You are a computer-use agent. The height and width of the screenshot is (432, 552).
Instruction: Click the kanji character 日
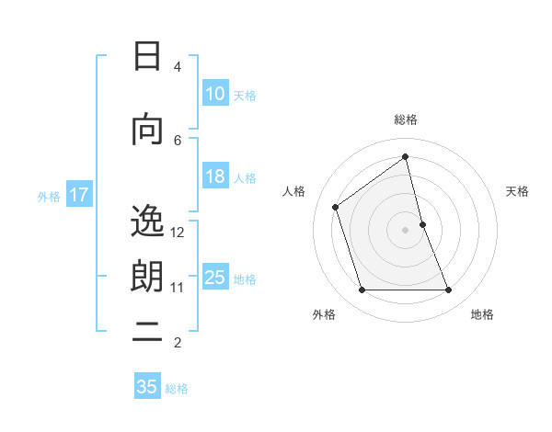(x=147, y=56)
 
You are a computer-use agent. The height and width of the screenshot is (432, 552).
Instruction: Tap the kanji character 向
(x=147, y=130)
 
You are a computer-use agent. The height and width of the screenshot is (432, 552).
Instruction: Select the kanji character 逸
(x=147, y=222)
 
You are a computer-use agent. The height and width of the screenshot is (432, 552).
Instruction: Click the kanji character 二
(x=147, y=334)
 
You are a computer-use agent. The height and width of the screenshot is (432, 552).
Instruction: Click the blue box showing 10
(x=214, y=94)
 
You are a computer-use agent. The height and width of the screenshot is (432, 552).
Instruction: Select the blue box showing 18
(x=214, y=177)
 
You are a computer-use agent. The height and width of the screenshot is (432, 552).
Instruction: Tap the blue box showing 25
(x=214, y=279)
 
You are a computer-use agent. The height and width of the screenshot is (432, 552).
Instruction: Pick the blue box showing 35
(x=147, y=387)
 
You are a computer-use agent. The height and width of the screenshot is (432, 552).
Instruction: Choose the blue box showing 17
(x=78, y=195)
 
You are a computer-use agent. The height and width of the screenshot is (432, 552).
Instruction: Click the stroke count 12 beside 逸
(x=178, y=233)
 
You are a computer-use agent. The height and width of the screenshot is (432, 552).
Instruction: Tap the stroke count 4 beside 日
(x=178, y=67)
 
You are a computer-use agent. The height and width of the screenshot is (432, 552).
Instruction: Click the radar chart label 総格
(x=406, y=119)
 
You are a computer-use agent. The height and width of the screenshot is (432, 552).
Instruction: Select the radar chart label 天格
(x=517, y=191)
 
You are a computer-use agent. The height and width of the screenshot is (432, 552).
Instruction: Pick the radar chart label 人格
(x=294, y=191)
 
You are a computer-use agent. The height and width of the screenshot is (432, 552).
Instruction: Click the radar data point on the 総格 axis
(x=406, y=157)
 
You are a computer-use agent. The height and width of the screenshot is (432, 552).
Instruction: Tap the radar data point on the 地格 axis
(x=449, y=290)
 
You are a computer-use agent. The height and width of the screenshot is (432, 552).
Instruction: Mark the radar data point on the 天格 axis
(x=422, y=224)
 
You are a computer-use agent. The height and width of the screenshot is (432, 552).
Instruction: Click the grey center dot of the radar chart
(x=406, y=230)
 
